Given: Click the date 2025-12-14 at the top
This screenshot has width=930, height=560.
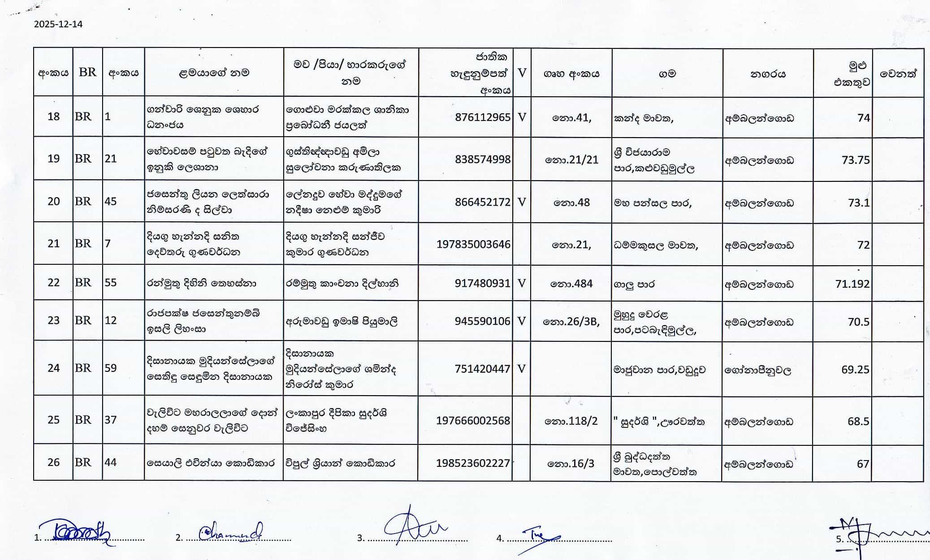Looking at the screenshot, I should coord(58,24).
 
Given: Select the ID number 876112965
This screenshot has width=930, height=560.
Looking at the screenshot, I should coord(482,117).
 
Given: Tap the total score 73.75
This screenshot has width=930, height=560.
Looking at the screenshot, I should coord(856,160).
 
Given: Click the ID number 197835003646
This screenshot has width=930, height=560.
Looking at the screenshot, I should coord(473,244).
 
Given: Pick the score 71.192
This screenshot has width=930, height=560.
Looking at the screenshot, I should coord(852,284).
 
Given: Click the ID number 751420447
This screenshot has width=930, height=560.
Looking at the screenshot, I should coord(482,369).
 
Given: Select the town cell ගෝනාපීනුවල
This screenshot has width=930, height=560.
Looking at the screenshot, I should coord(758,370).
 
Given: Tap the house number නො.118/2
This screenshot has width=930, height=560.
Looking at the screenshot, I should coord(571,421).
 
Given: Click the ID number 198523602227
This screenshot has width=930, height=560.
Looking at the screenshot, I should coord(473,463).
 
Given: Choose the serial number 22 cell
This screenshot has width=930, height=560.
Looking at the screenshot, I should coord(53,283).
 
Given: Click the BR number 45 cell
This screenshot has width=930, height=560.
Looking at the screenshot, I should coord(111,202).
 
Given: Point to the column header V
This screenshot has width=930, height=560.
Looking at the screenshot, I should coord(522,73).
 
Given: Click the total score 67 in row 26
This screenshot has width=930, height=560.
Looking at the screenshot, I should coord(863,464).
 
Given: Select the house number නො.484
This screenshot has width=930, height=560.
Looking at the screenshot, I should coord(571,284).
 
